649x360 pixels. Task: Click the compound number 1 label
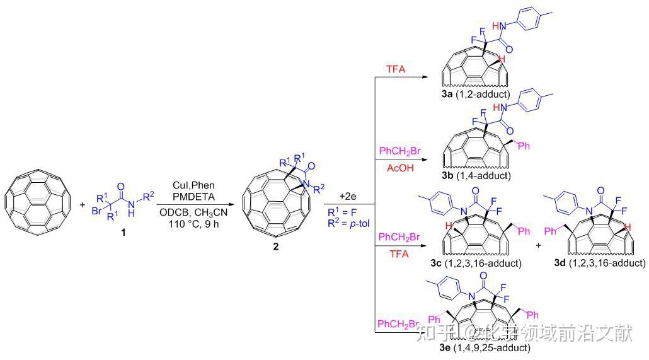tap(123, 233)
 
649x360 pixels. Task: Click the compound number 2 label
tap(276, 247)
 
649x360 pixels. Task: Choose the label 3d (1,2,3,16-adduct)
tap(596, 262)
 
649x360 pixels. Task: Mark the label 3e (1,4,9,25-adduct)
tap(485, 347)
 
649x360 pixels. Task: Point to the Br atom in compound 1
tap(96, 211)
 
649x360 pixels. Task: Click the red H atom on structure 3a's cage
tap(502, 59)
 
